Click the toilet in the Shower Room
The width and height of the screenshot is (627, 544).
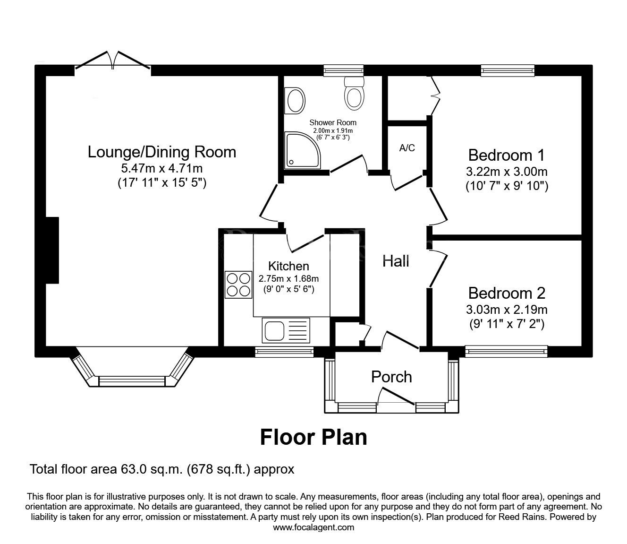click(x=354, y=93)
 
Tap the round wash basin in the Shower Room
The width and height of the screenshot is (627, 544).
click(x=295, y=101)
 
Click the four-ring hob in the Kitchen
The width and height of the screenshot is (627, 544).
click(x=238, y=285)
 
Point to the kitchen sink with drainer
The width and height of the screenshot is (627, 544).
click(x=285, y=330)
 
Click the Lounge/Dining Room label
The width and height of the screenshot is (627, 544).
click(x=162, y=152)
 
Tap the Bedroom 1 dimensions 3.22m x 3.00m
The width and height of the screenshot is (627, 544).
click(x=507, y=172)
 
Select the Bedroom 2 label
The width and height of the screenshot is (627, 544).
click(x=507, y=293)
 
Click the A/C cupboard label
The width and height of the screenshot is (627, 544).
click(x=407, y=148)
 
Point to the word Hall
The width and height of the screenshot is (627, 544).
click(x=396, y=261)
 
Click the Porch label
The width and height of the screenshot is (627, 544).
click(x=391, y=377)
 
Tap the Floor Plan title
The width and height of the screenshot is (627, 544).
click(x=313, y=437)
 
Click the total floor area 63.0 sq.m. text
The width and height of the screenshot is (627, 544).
click(x=162, y=469)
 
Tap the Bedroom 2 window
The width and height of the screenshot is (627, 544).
click(x=506, y=351)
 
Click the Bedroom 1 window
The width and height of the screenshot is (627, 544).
click(x=508, y=70)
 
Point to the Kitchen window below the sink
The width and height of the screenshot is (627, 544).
click(x=284, y=351)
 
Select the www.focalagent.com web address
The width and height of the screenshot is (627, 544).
click(x=313, y=527)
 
